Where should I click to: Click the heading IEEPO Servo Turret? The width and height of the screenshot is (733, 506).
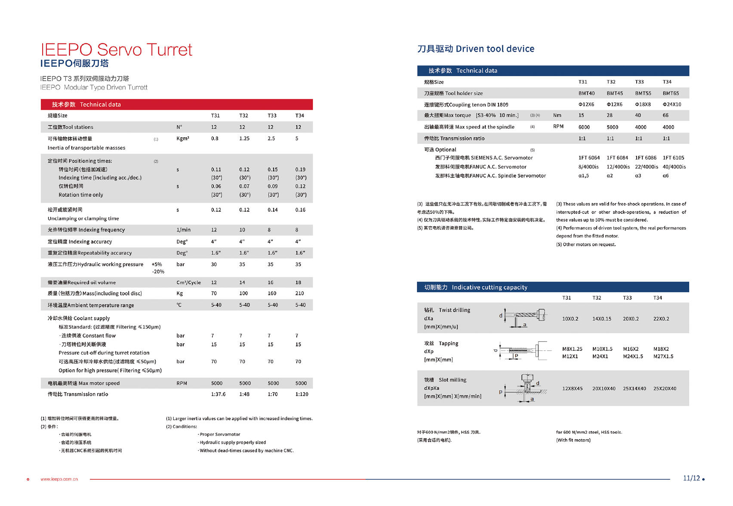tap(116, 50)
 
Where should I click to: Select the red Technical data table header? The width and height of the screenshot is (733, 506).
tap(176, 105)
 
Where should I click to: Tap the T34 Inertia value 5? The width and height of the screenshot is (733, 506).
tap(297, 139)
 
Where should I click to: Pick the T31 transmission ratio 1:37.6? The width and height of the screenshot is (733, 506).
tap(218, 394)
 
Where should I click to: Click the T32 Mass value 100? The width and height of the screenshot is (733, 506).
tap(243, 293)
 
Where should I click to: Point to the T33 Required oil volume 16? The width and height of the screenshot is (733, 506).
tap(271, 283)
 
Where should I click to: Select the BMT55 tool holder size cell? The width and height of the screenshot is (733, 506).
tap(643, 93)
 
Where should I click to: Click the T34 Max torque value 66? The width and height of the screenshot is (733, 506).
tap(665, 115)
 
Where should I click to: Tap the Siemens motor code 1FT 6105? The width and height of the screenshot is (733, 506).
tap(673, 158)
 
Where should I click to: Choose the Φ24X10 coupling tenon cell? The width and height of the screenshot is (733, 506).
tap(672, 105)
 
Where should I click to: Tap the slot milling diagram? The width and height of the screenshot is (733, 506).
tap(524, 388)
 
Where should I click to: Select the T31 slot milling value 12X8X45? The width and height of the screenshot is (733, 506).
tap(572, 389)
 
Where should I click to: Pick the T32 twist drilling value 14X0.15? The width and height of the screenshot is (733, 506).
tap(602, 319)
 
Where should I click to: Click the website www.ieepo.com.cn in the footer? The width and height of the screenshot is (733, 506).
tap(59, 479)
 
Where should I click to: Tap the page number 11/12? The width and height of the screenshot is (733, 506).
tap(691, 478)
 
